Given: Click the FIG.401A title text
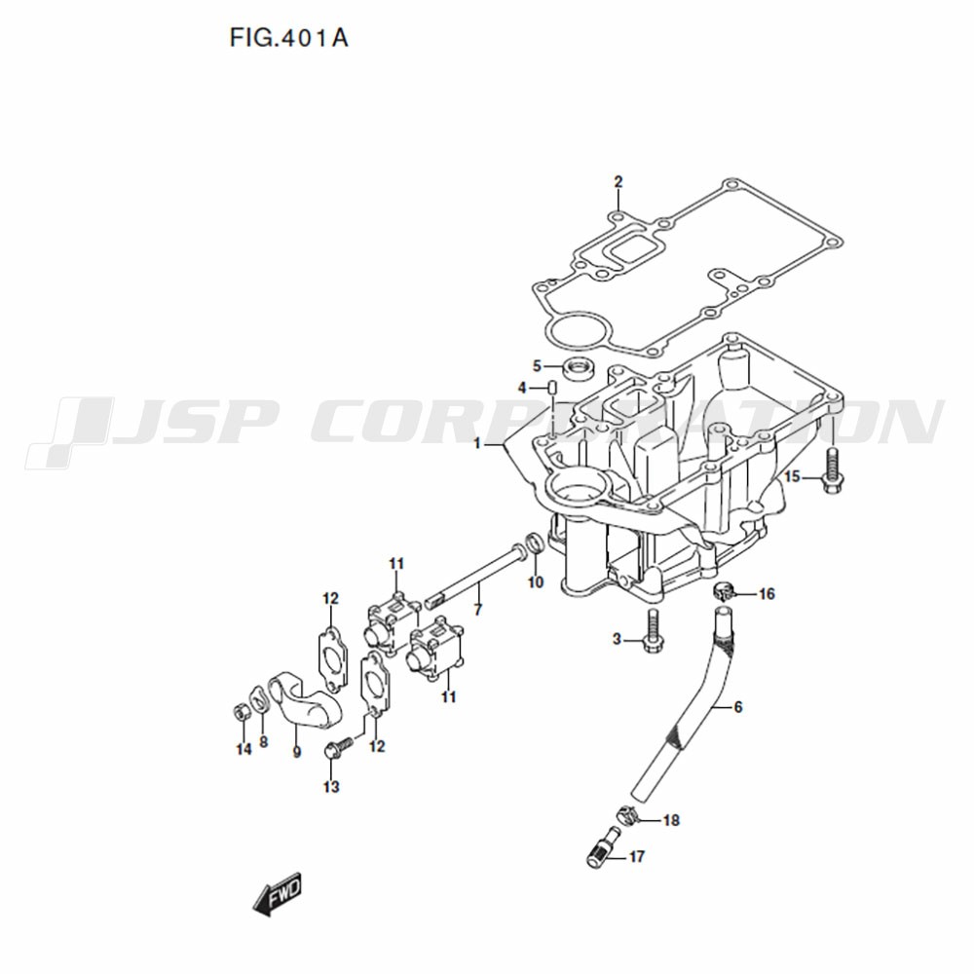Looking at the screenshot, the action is pyautogui.click(x=289, y=39).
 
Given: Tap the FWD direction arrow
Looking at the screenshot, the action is pyautogui.click(x=278, y=893).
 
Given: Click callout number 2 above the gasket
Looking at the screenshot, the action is pyautogui.click(x=618, y=182).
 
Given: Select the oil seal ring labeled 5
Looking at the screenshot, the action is pyautogui.click(x=579, y=368).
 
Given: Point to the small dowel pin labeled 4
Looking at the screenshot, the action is pyautogui.click(x=551, y=389).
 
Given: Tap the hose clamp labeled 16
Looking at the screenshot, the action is pyautogui.click(x=723, y=591).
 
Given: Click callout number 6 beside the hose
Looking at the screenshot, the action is pyautogui.click(x=737, y=706).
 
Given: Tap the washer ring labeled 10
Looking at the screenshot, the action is pyautogui.click(x=536, y=542).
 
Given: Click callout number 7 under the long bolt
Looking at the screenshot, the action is pyautogui.click(x=477, y=610).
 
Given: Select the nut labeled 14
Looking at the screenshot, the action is pyautogui.click(x=240, y=711).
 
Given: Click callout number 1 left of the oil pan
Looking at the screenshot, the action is pyautogui.click(x=477, y=444).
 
